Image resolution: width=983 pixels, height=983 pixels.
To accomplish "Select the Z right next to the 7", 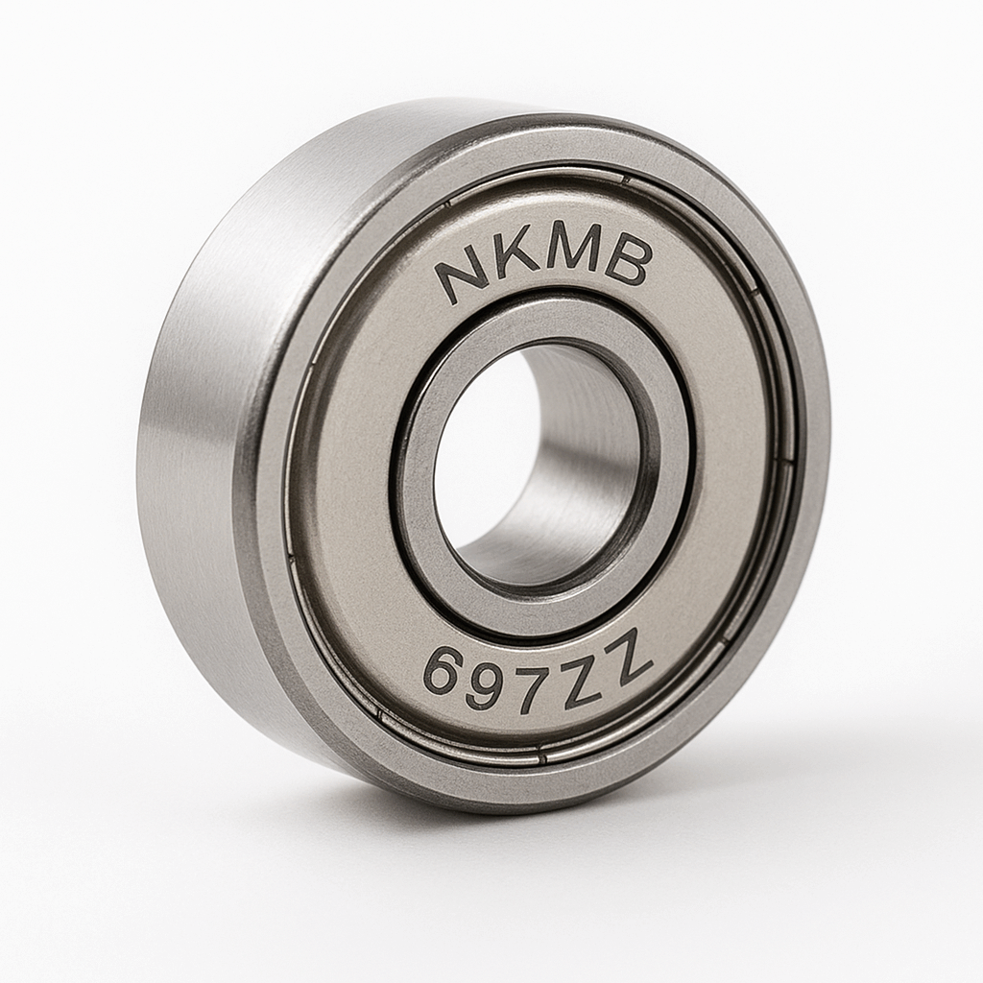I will point(581,680).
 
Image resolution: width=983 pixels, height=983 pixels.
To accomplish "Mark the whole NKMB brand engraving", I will point(543,266).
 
